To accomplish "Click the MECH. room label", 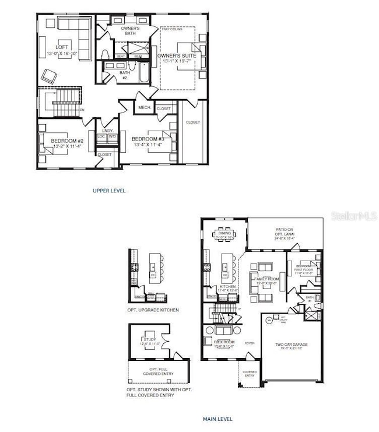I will click(144, 108).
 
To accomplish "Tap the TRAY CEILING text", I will click(173, 29).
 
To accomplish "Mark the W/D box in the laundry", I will click(113, 137).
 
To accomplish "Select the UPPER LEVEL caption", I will click(109, 191).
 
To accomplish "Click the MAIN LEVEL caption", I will click(217, 419).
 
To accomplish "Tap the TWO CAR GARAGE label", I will click(292, 345).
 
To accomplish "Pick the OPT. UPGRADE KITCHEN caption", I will click(153, 310).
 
